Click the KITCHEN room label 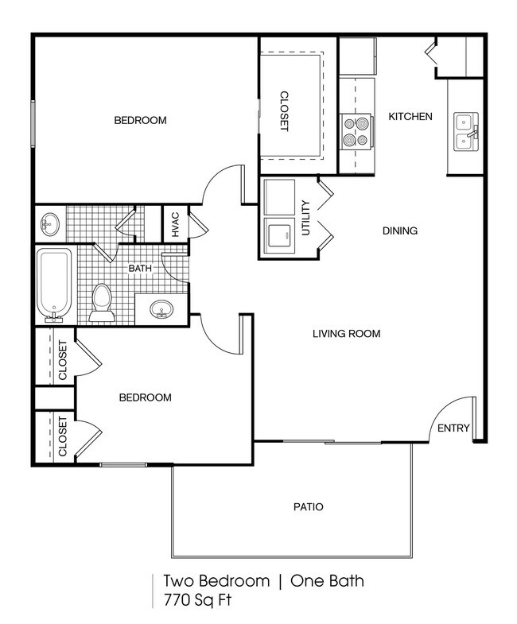410,117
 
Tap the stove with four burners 356,132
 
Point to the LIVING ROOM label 346,334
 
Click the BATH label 140,269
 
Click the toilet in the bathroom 101,303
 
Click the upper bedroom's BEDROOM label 140,121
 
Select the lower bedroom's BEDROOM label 145,397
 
